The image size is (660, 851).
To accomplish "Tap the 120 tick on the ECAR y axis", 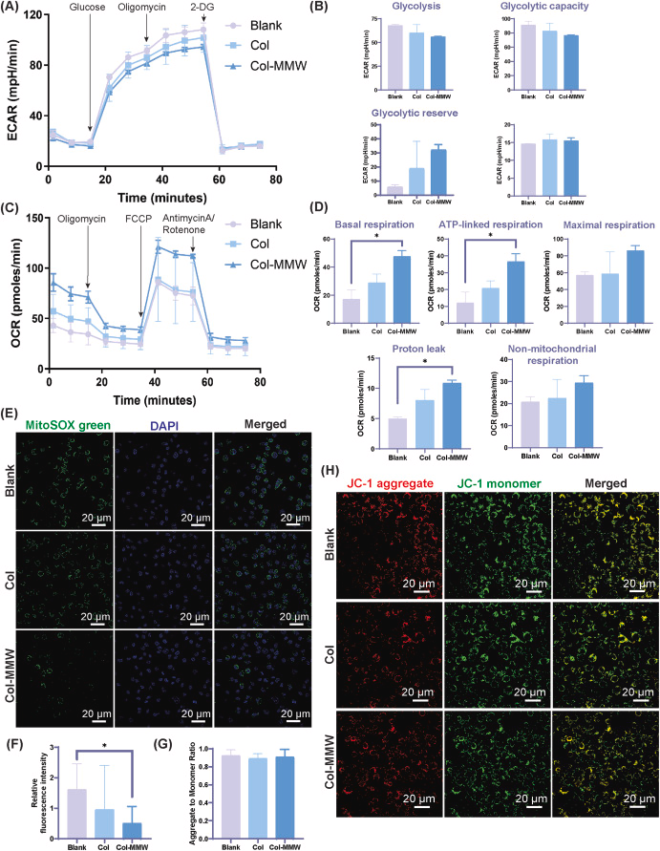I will [x=34, y=16].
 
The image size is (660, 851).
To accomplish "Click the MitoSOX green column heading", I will [x=70, y=430].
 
